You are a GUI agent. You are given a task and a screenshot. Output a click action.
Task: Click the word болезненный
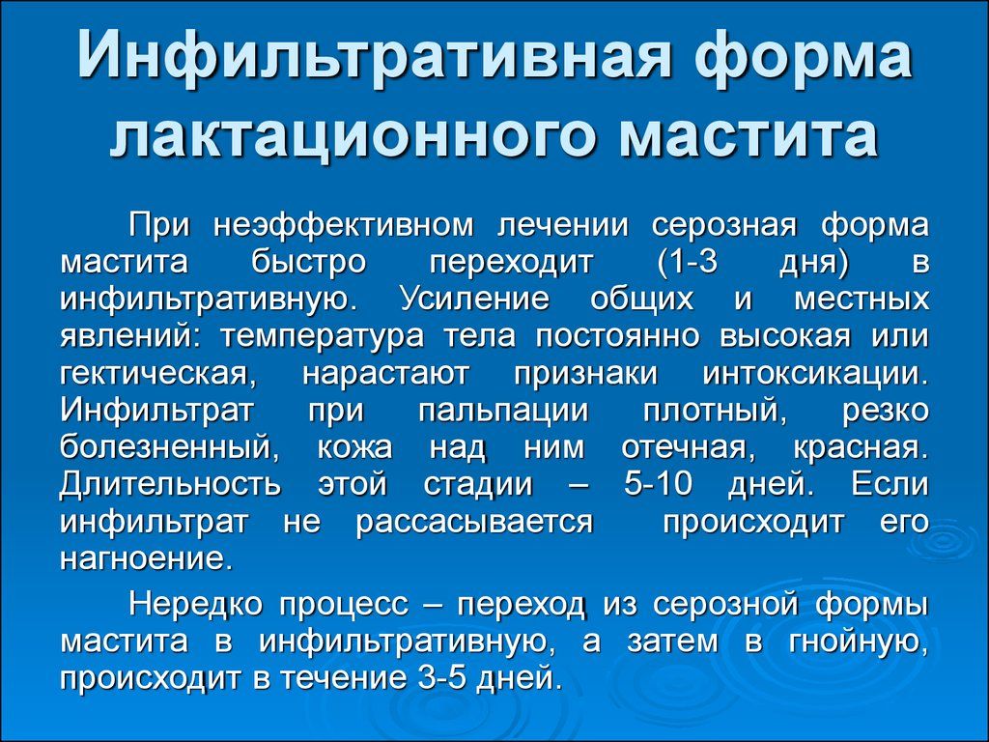(x=163, y=446)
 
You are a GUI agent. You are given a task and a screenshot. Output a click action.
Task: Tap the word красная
(x=861, y=446)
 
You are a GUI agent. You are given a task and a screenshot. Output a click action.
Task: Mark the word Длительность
(x=170, y=483)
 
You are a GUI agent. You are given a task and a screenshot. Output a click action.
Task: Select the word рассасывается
(x=473, y=521)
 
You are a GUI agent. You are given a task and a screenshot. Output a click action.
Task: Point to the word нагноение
(x=145, y=558)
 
